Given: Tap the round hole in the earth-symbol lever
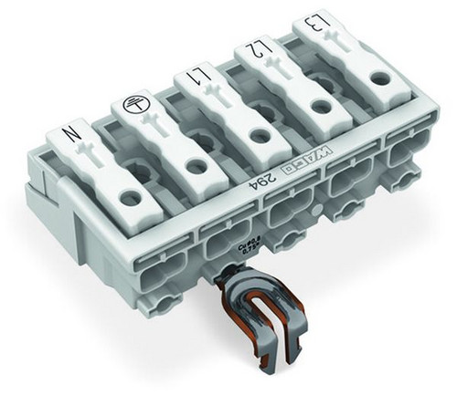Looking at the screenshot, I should coord(193,165).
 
